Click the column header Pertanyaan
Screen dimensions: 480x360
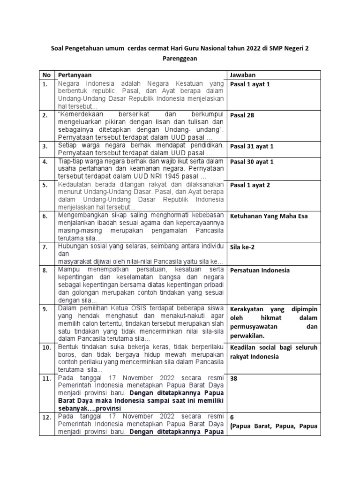click(x=74, y=75)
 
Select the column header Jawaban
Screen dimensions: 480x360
click(x=242, y=75)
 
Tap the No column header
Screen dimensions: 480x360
click(x=46, y=75)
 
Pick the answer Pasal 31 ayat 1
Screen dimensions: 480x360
click(x=252, y=146)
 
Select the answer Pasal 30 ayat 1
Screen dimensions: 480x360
click(x=252, y=162)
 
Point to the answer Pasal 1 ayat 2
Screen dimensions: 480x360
click(x=250, y=185)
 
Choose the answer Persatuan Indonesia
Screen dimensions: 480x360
click(x=260, y=270)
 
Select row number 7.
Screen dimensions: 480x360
click(x=45, y=247)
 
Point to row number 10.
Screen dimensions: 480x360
click(x=47, y=348)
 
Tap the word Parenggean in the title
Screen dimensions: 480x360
click(x=180, y=59)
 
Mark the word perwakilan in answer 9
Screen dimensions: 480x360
click(x=247, y=336)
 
